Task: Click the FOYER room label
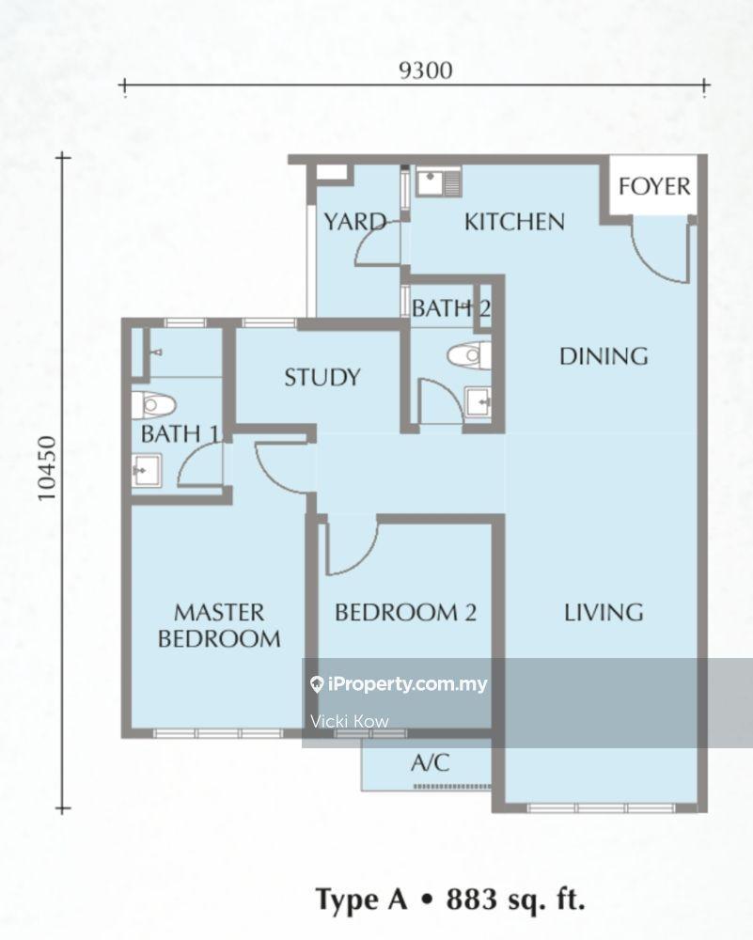coord(654,186)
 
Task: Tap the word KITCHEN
coord(514,222)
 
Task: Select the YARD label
coord(355,222)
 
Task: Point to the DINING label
coord(604,356)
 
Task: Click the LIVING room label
coord(604,612)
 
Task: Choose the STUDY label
coord(322,377)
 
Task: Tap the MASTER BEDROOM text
coord(219,625)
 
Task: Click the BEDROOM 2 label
coord(406,612)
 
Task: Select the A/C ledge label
coord(430,762)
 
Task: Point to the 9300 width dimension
coord(426,70)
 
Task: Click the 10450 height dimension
coord(47,469)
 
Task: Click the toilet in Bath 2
coord(469,355)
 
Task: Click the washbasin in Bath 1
coord(147,471)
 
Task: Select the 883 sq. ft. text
coord(515,900)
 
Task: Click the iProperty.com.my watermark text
coord(400,684)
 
